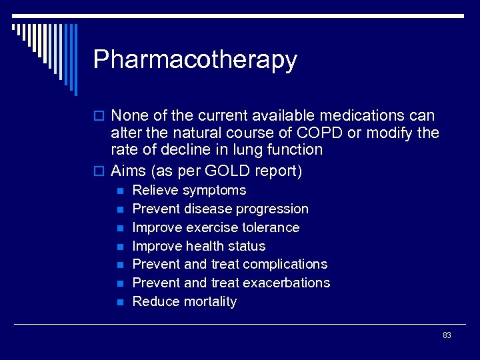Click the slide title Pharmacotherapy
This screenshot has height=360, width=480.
pyautogui.click(x=195, y=60)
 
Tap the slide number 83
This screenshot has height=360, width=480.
pyautogui.click(x=447, y=335)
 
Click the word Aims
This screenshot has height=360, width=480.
pyautogui.click(x=129, y=171)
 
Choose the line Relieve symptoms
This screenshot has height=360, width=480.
pyautogui.click(x=189, y=191)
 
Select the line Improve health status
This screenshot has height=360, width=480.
pyautogui.click(x=199, y=246)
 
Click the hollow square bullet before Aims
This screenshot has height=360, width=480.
pyautogui.click(x=100, y=171)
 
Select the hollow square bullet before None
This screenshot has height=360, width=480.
pyautogui.click(x=100, y=116)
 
